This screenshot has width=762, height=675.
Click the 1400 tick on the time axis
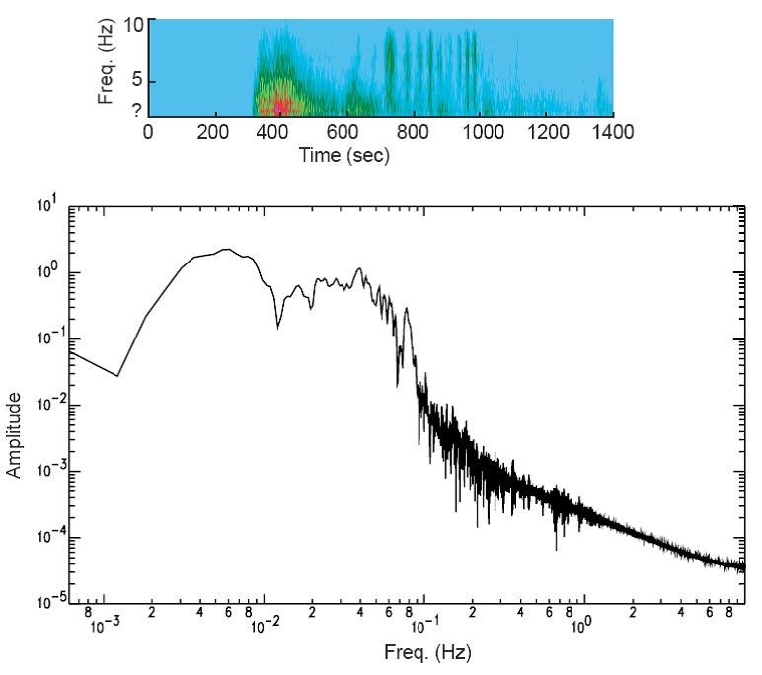(x=612, y=133)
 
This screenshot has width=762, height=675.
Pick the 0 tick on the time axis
(x=148, y=133)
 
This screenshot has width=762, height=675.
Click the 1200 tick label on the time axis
(x=546, y=133)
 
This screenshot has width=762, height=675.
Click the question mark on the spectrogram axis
(x=136, y=111)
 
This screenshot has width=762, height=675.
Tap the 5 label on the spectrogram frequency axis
(x=137, y=82)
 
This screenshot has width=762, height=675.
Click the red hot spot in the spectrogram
(x=281, y=105)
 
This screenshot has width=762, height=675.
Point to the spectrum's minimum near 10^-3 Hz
(x=117, y=376)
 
